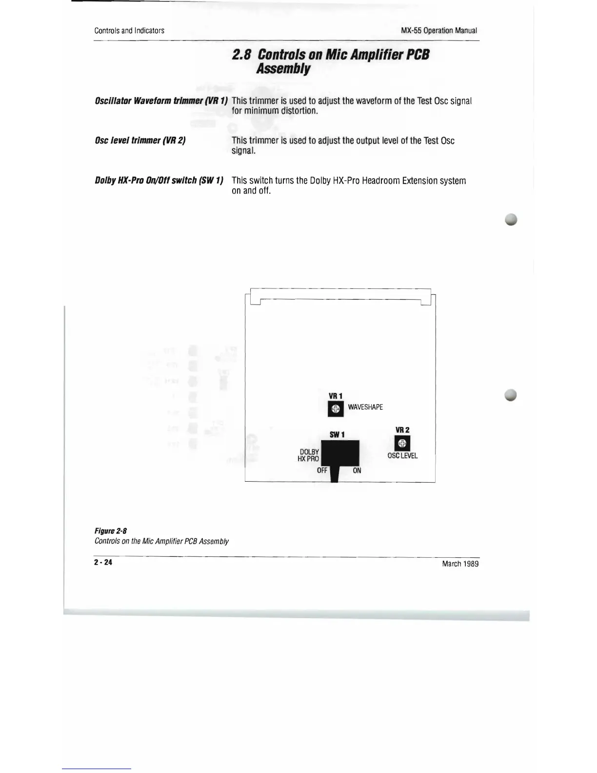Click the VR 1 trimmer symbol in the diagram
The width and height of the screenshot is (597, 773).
[x=336, y=409]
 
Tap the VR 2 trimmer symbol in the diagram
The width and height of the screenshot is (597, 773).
[x=402, y=443]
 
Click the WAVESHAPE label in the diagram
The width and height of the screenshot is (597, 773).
[x=365, y=407]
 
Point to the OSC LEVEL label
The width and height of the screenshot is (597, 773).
[x=402, y=456]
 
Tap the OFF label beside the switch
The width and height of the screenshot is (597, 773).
[x=322, y=470]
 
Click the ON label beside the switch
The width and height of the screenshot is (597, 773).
[x=357, y=470]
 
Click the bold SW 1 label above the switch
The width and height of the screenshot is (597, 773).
[x=337, y=434]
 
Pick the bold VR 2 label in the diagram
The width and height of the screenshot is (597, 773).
[x=402, y=430]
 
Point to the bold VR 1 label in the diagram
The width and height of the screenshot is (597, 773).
[x=336, y=396]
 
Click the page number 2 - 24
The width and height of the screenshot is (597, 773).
[x=103, y=562]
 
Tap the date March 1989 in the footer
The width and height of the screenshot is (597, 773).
[x=460, y=564]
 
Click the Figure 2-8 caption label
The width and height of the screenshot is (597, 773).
[x=111, y=531]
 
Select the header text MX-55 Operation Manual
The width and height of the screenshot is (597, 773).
[x=438, y=30]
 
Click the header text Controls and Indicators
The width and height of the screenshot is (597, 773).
[x=129, y=30]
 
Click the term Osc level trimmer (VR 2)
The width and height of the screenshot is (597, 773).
[x=140, y=141]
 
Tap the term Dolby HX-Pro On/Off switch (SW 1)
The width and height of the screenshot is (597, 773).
[x=159, y=181]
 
